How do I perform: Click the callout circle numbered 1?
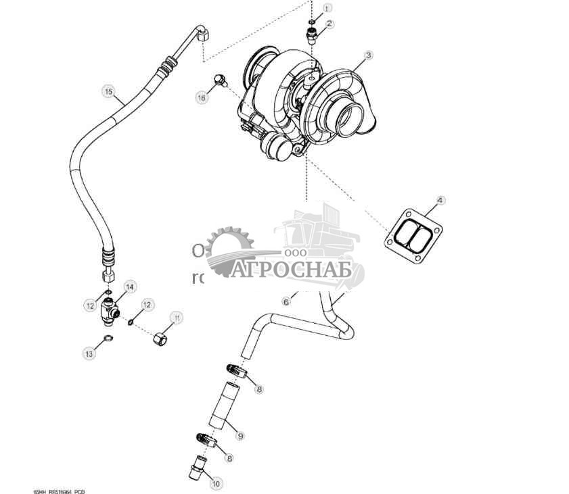327,8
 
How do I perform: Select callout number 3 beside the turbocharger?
368,55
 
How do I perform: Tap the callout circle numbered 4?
440,200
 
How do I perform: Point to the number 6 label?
286,301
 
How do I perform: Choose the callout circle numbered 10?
216,483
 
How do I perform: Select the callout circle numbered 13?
89,352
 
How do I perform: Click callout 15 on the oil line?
108,90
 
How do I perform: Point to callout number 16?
202,98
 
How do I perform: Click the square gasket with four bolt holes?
413,234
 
